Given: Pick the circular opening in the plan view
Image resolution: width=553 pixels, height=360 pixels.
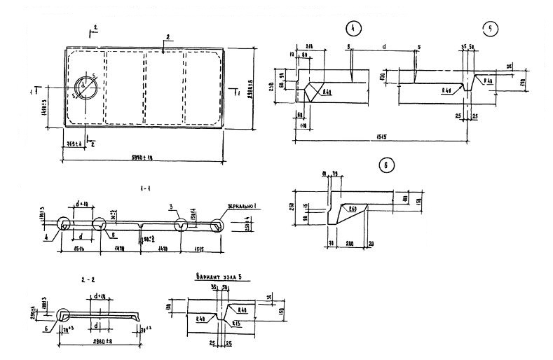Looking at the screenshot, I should [87, 88].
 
